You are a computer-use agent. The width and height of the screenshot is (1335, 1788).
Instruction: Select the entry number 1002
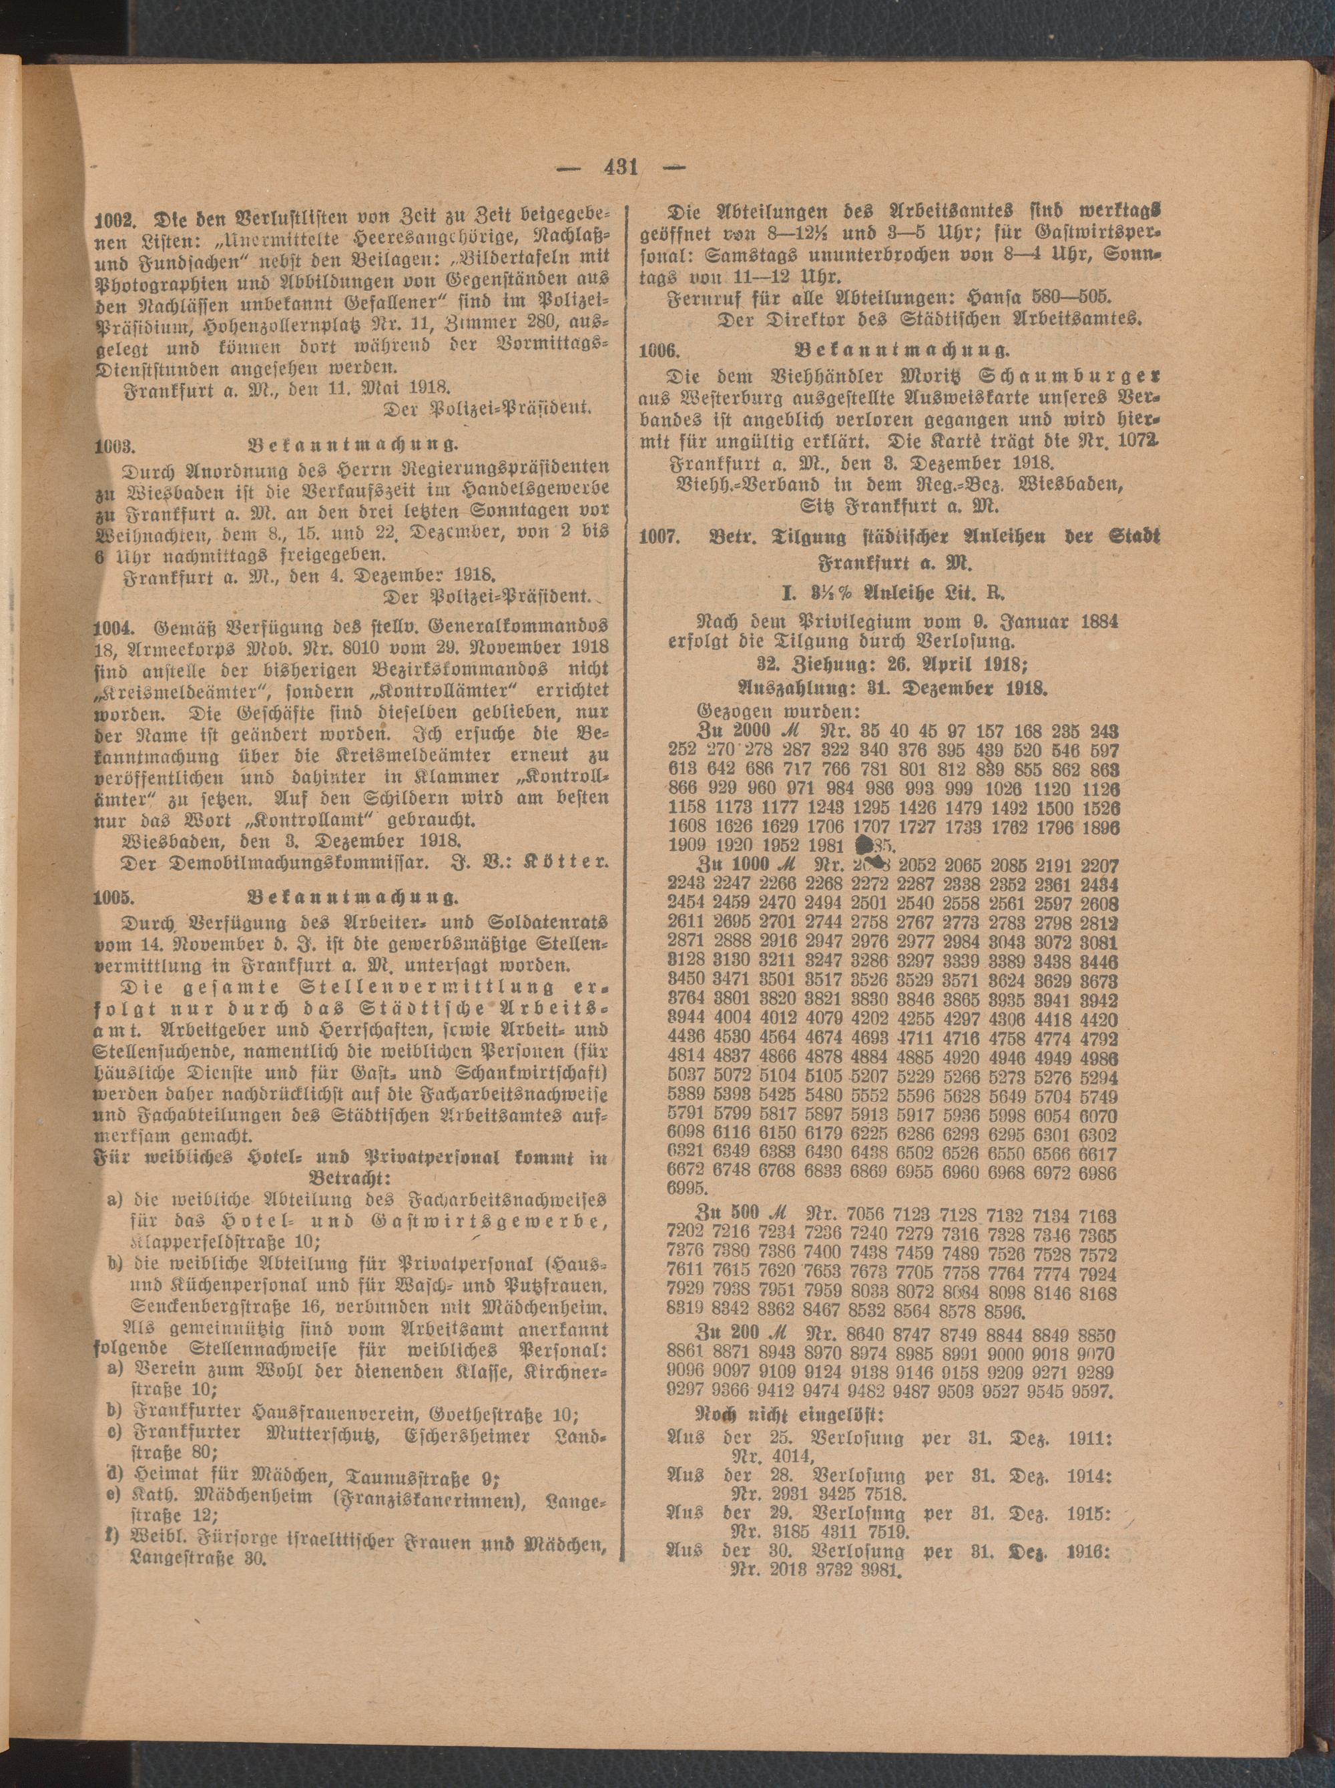pos(115,219)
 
